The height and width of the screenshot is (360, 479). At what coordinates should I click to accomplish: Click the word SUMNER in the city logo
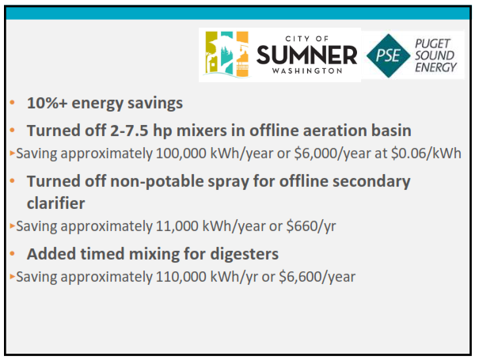pyautogui.click(x=306, y=55)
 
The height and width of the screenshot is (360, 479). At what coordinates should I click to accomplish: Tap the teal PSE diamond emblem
pyautogui.click(x=388, y=55)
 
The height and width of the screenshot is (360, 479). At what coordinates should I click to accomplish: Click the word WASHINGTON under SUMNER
pyautogui.click(x=307, y=71)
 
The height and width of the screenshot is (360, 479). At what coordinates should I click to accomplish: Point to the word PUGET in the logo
pyautogui.click(x=432, y=44)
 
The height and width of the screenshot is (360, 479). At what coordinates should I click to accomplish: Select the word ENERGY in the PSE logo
pyautogui.click(x=435, y=67)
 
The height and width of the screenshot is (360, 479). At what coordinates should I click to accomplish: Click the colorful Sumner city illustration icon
pyautogui.click(x=226, y=54)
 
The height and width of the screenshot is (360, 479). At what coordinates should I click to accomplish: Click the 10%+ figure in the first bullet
pyautogui.click(x=47, y=103)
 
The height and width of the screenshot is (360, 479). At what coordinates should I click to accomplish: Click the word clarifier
pyautogui.click(x=56, y=203)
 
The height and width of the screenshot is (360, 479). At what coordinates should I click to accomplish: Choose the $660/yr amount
pyautogui.click(x=311, y=226)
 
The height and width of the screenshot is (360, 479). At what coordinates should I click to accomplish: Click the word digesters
pyautogui.click(x=245, y=254)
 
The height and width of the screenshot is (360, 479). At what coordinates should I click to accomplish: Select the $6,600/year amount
pyautogui.click(x=317, y=277)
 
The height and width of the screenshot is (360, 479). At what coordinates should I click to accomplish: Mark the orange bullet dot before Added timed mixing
pyautogui.click(x=12, y=254)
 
